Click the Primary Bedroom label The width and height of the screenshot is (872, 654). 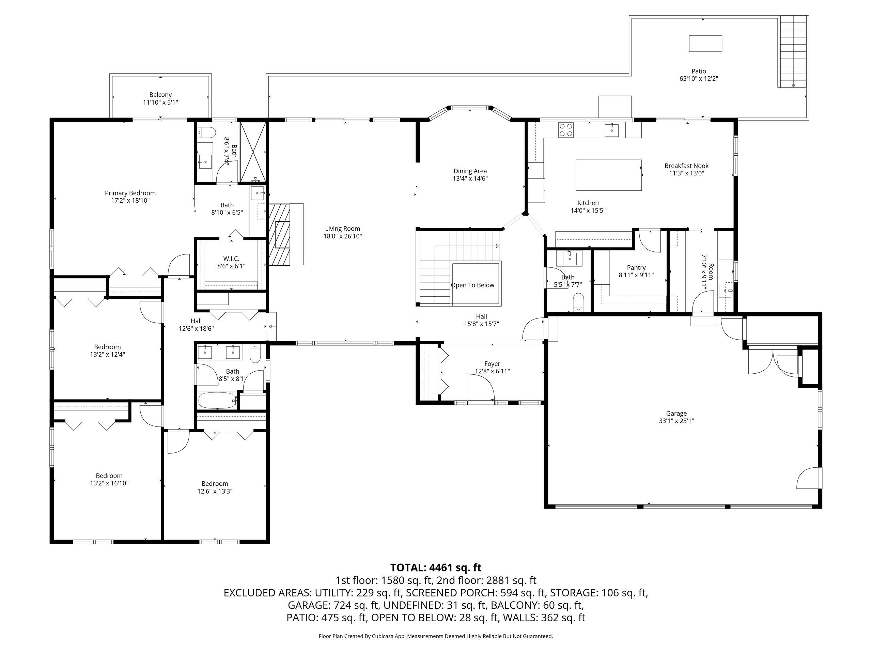[130, 193]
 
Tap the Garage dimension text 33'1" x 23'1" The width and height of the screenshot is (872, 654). [676, 421]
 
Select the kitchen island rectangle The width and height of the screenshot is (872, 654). [608, 175]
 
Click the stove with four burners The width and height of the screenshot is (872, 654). [566, 130]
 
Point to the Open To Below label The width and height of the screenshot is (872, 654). [472, 285]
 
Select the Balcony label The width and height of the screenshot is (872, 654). [160, 95]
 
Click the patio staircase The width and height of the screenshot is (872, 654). [793, 51]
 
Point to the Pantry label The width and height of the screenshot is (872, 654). [636, 268]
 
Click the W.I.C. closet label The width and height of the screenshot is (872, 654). [231, 259]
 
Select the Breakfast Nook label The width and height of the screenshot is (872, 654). [686, 166]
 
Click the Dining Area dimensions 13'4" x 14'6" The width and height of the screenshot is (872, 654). [470, 178]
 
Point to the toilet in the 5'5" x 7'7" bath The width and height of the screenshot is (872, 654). [578, 302]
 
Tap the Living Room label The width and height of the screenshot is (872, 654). [342, 229]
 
